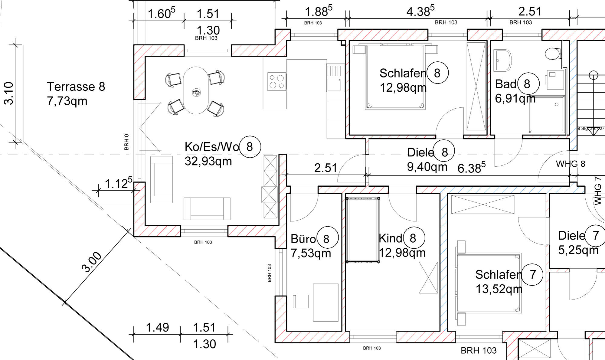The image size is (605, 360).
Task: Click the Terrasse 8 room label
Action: pyautogui.click(x=76, y=87)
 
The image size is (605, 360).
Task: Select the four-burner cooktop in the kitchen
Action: pyautogui.click(x=276, y=81)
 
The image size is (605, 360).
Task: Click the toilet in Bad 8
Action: pyautogui.click(x=553, y=54)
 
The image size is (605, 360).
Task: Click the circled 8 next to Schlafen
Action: pyautogui.click(x=437, y=73)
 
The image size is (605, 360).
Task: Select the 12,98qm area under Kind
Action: pyautogui.click(x=402, y=253)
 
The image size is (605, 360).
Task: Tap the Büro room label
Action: pyautogui.click(x=303, y=239)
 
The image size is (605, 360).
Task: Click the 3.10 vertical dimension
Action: pyautogui.click(x=9, y=93)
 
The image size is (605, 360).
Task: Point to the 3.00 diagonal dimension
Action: pyautogui.click(x=91, y=262)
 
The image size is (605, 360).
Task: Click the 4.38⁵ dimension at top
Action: pyautogui.click(x=420, y=11)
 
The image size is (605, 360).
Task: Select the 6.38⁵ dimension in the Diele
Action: pyautogui.click(x=471, y=168)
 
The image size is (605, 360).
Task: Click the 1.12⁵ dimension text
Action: pyautogui.click(x=118, y=183)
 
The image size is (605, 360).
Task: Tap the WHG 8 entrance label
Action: pyautogui.click(x=571, y=164)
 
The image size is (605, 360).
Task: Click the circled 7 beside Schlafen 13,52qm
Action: pyautogui.click(x=533, y=275)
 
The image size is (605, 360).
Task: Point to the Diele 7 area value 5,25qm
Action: pyautogui.click(x=578, y=250)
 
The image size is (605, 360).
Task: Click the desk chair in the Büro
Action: pyautogui.click(x=301, y=301)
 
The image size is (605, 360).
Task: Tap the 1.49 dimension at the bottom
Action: pyautogui.click(x=157, y=327)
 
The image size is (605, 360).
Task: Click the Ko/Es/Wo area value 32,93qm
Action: pyautogui.click(x=208, y=161)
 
